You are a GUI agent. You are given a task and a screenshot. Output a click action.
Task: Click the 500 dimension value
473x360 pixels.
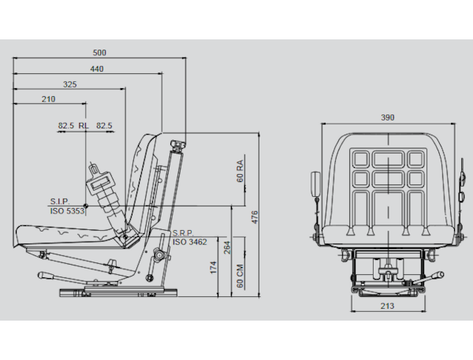[x=99, y=53]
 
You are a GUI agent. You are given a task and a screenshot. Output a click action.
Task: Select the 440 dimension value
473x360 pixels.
[x=97, y=69]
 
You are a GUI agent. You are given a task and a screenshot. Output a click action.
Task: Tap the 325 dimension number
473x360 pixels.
[x=69, y=84]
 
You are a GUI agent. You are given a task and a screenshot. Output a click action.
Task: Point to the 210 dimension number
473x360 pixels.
[x=48, y=99]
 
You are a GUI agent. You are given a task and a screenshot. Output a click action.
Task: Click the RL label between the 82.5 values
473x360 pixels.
[x=84, y=125]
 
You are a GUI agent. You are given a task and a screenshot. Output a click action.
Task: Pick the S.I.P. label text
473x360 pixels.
[x=60, y=202]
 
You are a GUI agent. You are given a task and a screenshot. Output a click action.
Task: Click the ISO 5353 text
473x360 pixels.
[x=67, y=211]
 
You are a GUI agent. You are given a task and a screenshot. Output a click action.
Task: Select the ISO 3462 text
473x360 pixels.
[x=190, y=242]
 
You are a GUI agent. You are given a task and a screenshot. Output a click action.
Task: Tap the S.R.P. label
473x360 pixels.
[x=183, y=233]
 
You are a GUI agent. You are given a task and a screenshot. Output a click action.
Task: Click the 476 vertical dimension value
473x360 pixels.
[x=255, y=217]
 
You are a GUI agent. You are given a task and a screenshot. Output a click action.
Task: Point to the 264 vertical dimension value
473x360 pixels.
[x=227, y=247]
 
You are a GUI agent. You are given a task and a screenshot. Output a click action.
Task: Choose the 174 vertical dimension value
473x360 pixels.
[x=214, y=268]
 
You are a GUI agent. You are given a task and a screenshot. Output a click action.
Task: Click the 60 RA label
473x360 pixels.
[x=240, y=171]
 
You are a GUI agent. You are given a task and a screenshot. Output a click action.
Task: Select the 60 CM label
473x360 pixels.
[x=240, y=276]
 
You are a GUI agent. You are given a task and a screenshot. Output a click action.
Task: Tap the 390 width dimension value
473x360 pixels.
[x=388, y=117]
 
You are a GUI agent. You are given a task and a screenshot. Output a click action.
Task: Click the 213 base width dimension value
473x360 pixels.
[x=387, y=306]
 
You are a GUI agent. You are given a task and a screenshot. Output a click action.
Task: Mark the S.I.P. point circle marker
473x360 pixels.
[x=86, y=206]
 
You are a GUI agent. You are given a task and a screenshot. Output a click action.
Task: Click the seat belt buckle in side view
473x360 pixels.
[x=99, y=184]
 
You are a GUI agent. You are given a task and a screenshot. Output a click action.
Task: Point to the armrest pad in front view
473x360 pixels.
[x=316, y=184]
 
